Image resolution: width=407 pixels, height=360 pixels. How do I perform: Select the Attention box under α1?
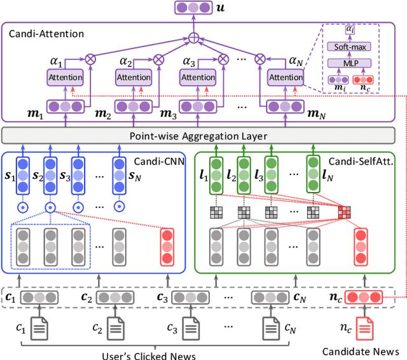pyautogui.click(x=62, y=77)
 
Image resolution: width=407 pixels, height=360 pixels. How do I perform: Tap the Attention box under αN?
pyautogui.click(x=286, y=77)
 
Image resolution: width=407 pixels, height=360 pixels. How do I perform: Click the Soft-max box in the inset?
pyautogui.click(x=350, y=48)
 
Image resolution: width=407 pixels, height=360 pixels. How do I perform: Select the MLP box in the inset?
pyautogui.click(x=350, y=64)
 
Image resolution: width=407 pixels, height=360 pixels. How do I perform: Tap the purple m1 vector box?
pyautogui.click(x=62, y=107)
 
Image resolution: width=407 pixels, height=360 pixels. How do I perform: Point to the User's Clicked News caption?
pyautogui.click(x=149, y=354)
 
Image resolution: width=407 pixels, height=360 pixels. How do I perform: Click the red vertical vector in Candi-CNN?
pyautogui.click(x=168, y=246)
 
